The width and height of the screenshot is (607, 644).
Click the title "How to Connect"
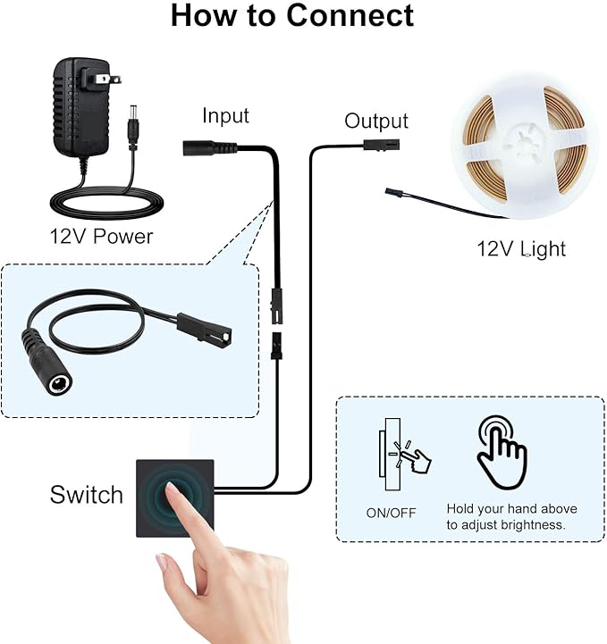(292, 15)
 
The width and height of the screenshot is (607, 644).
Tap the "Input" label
(225, 116)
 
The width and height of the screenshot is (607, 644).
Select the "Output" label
(376, 121)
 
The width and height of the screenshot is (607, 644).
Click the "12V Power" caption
(101, 237)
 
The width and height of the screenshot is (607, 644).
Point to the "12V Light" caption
(521, 249)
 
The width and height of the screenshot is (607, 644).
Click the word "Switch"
(87, 495)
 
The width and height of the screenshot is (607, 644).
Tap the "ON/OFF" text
(391, 513)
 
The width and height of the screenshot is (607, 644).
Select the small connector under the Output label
(382, 145)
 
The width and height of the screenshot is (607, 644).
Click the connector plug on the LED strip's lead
(394, 193)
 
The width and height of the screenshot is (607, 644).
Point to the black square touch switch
(175, 498)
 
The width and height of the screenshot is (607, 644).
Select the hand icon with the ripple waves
(501, 452)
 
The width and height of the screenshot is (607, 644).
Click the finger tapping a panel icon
(404, 454)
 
